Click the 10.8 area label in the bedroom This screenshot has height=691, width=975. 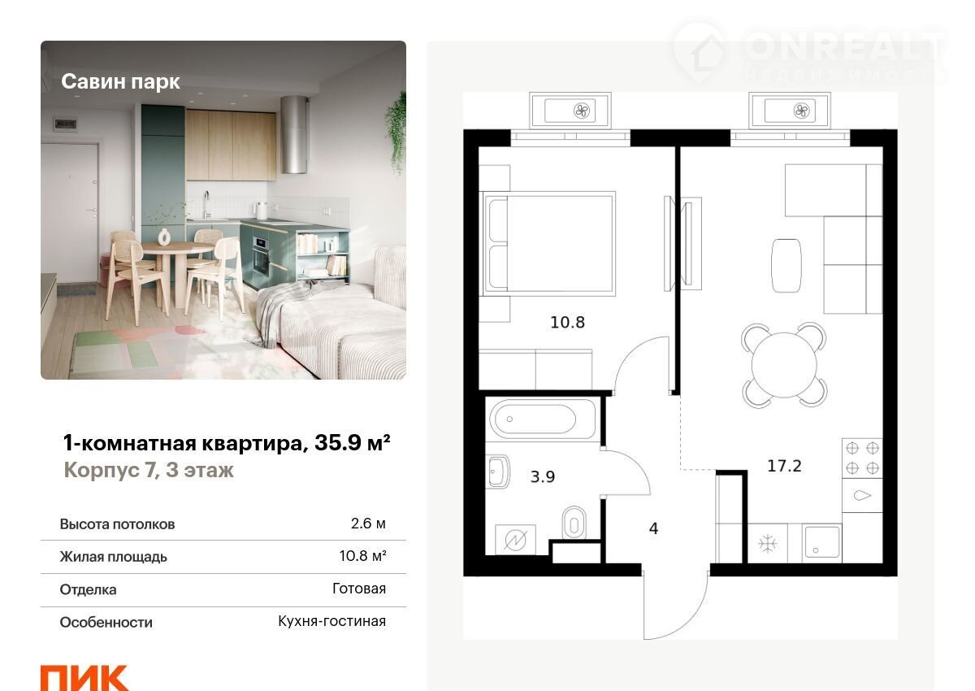[567, 322]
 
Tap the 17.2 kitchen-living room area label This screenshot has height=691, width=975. [784, 466]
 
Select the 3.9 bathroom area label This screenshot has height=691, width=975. [543, 476]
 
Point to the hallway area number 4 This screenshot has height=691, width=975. [653, 528]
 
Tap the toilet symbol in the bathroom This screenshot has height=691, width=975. [574, 523]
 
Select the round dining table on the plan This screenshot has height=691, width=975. [784, 365]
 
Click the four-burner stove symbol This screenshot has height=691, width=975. [862, 458]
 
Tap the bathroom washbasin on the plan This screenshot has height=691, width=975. [498, 472]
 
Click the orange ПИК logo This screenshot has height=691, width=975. [84, 677]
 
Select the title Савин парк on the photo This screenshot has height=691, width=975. [120, 81]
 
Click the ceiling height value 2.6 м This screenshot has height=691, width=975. [368, 524]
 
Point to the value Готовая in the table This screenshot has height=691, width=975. [359, 589]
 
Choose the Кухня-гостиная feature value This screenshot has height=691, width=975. [332, 621]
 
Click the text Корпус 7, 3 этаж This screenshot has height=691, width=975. [149, 470]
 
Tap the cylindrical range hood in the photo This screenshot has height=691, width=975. [294, 135]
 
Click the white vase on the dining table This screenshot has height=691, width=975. [163, 237]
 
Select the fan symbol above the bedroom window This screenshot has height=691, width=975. [582, 111]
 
